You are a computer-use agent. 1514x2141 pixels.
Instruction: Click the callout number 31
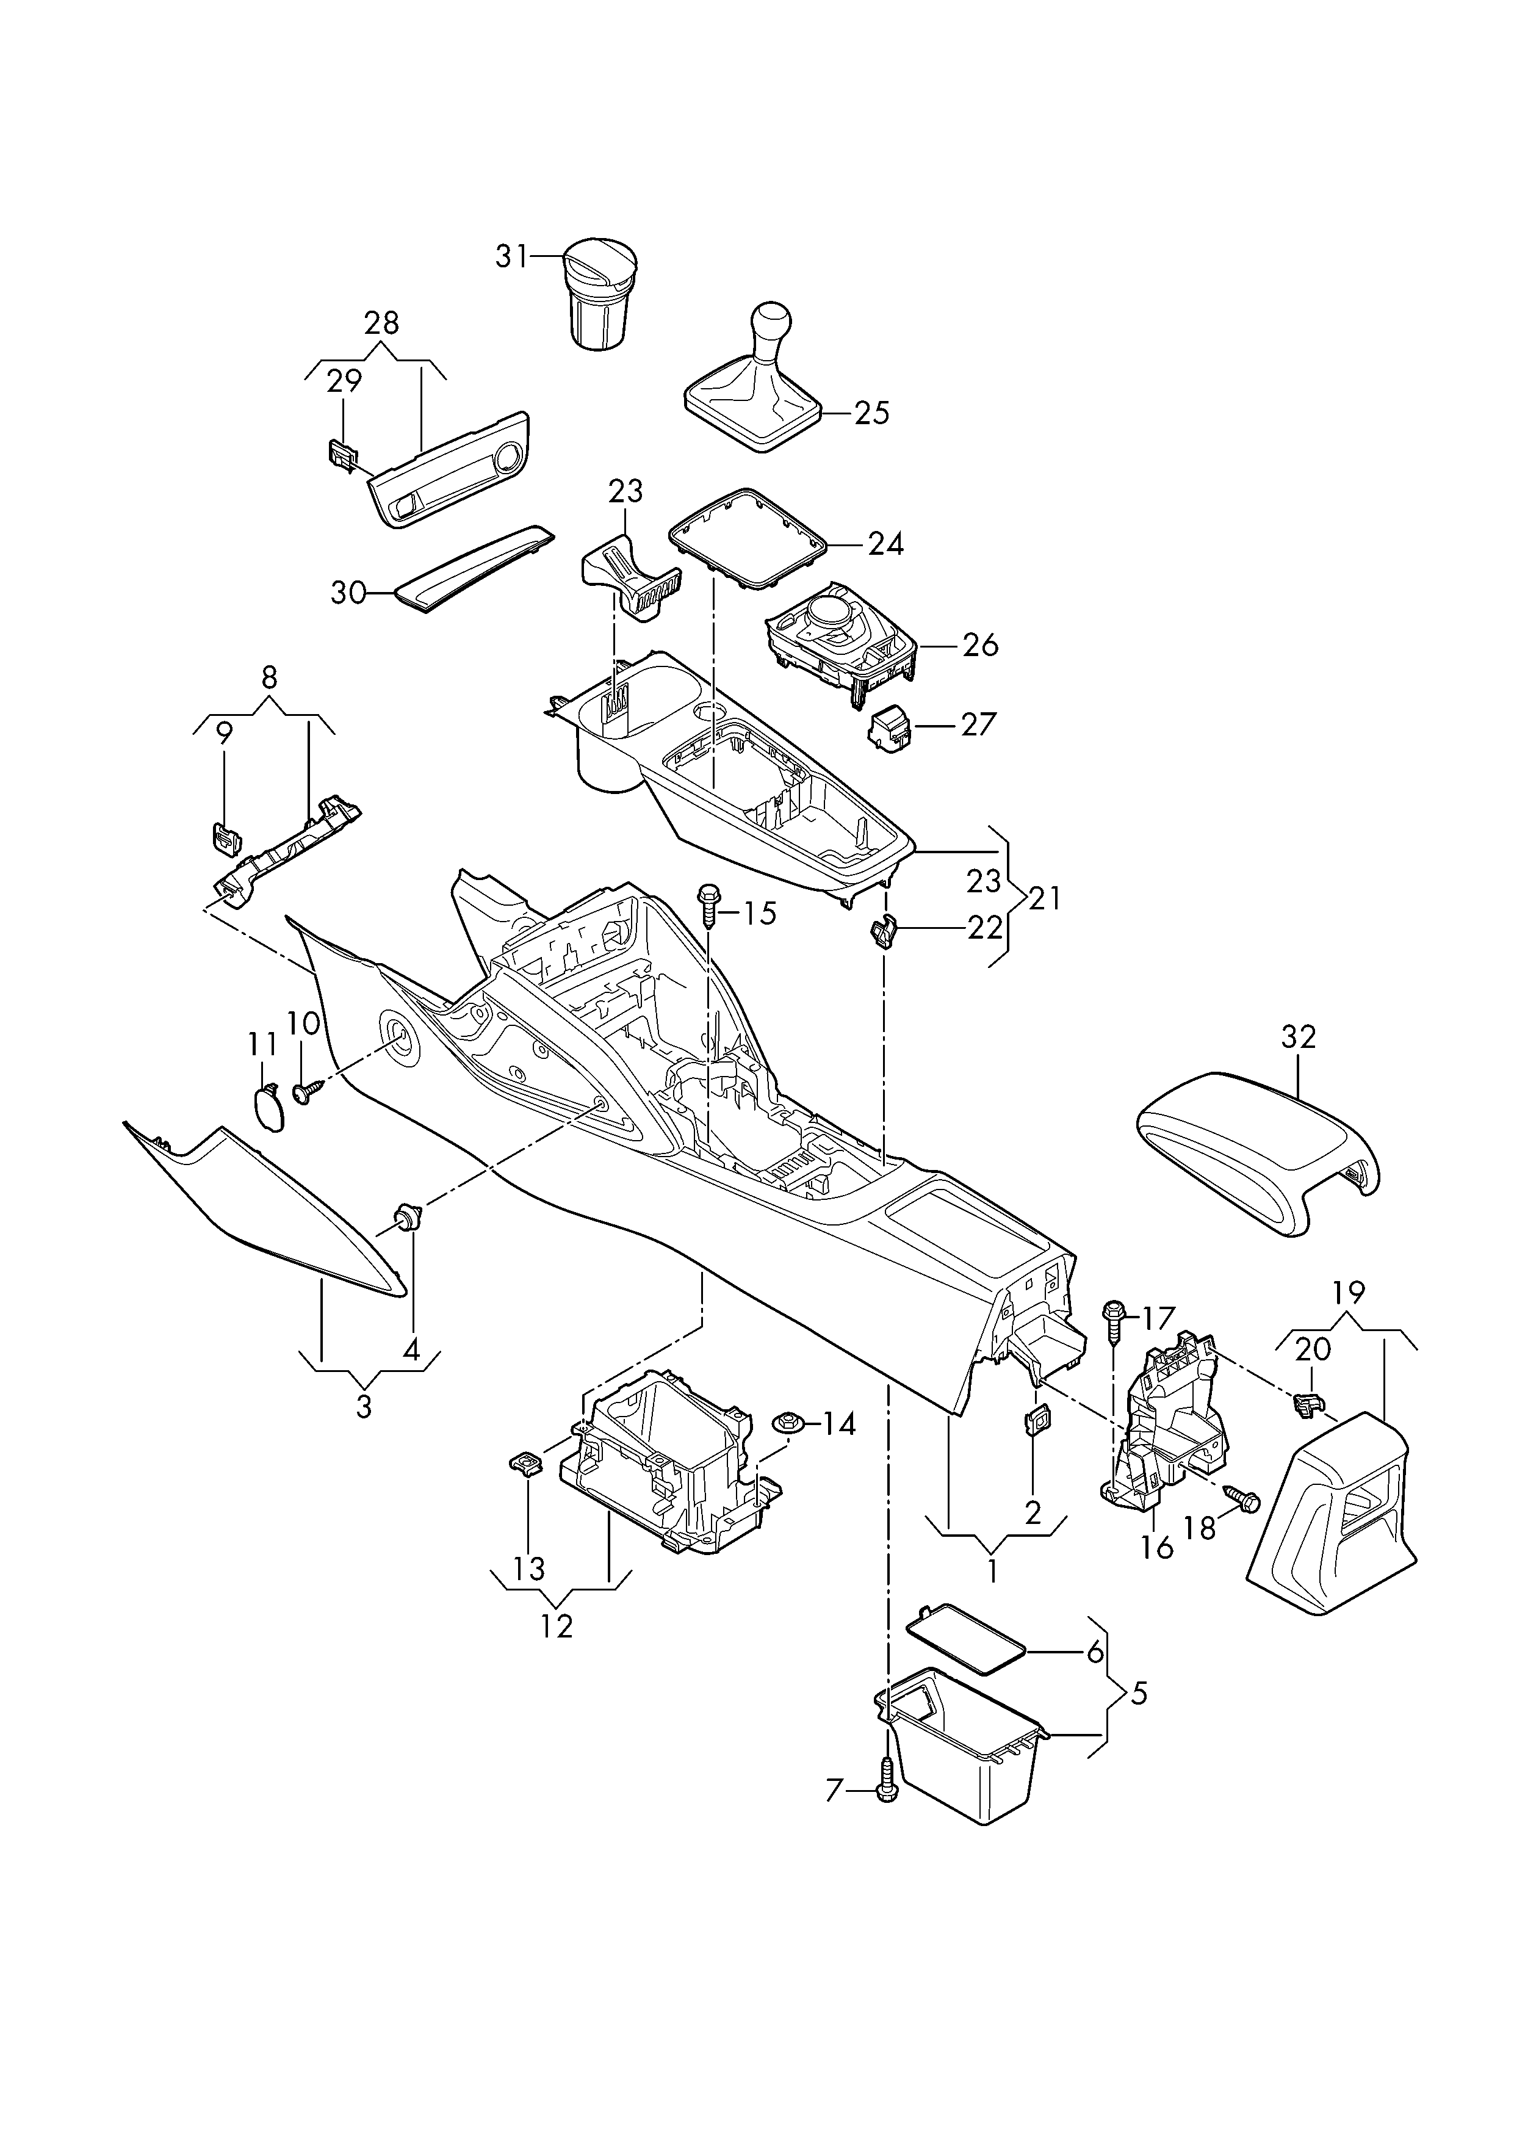click(512, 256)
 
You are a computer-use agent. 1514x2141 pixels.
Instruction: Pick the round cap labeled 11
click(270, 1108)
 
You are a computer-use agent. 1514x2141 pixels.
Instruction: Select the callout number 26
click(980, 644)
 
